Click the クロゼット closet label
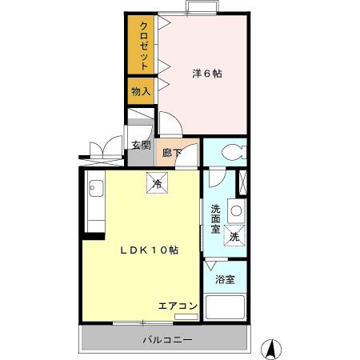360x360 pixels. coord(144,45)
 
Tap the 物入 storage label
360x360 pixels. coord(141,92)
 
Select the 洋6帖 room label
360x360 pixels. coord(206,74)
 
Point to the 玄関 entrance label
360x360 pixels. coord(141,145)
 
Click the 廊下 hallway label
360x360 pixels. coord(170,153)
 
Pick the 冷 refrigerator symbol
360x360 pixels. coord(157,183)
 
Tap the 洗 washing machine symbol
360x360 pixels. coord(234,237)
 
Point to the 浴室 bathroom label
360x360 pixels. coord(225,279)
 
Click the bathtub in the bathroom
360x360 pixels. coord(226,308)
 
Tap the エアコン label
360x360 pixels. coord(178,306)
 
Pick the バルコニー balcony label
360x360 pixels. coord(167,340)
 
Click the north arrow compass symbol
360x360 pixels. coord(272,348)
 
